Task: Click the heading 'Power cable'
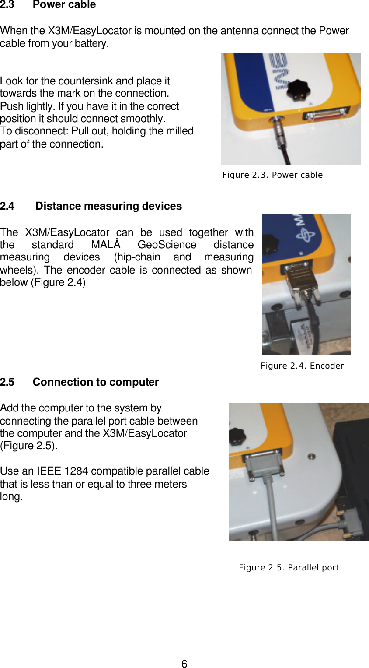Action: pos(64,5)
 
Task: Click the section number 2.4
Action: pos(7,206)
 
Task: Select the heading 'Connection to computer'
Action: pos(95,382)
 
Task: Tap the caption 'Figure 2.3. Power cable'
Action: pos(272,175)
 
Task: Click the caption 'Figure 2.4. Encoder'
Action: pos(302,366)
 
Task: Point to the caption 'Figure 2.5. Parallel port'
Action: pos(289,567)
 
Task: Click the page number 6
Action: pos(184,664)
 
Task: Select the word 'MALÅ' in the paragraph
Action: pos(105,244)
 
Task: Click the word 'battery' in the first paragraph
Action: pos(91,43)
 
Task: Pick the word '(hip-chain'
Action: pos(136,257)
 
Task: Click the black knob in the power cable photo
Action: pos(298,89)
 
